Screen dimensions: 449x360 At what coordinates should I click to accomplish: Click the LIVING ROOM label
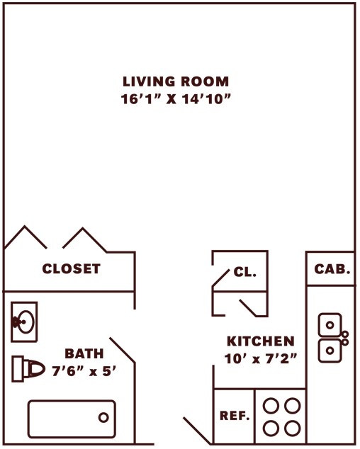[x=176, y=81]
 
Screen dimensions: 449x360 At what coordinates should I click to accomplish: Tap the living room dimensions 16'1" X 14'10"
[x=176, y=99]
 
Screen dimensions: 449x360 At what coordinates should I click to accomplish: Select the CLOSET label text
[x=71, y=269]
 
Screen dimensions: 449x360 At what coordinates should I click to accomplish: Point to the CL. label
[x=245, y=273]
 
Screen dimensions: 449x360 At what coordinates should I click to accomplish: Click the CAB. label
[x=332, y=269]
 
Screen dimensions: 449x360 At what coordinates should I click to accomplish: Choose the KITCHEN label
[x=260, y=341]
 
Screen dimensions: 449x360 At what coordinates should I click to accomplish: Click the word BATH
[x=84, y=353]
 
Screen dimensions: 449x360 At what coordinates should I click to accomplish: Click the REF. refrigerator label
[x=235, y=416]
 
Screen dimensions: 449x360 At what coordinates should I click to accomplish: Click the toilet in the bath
[x=29, y=369]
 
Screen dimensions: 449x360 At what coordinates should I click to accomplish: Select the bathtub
[x=71, y=419]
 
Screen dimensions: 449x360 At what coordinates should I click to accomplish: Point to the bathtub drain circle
[x=103, y=417]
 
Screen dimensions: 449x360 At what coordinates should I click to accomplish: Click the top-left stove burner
[x=271, y=407]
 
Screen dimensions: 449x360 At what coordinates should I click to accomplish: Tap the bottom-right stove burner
[x=291, y=428]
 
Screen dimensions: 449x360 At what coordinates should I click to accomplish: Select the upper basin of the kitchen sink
[x=329, y=325]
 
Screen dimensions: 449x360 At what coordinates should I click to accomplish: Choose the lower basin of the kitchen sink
[x=329, y=349]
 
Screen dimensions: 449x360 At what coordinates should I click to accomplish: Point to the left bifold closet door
[x=26, y=238]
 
